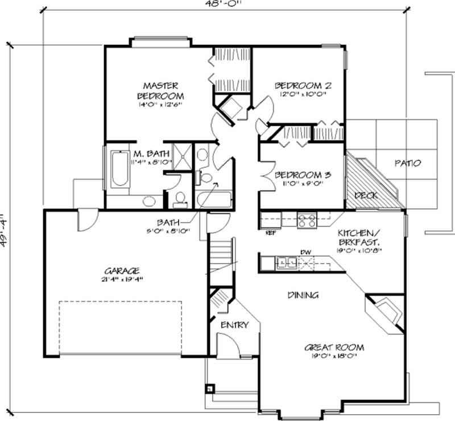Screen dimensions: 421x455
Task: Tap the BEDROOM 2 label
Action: [303, 86]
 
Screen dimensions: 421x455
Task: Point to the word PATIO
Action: [408, 163]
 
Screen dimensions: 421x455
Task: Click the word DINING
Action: [302, 295]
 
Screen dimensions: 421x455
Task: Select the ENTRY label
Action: [234, 325]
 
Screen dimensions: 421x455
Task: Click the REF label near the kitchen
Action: [271, 232]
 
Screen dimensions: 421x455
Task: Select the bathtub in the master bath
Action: [119, 168]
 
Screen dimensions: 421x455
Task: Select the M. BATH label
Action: [146, 154]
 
